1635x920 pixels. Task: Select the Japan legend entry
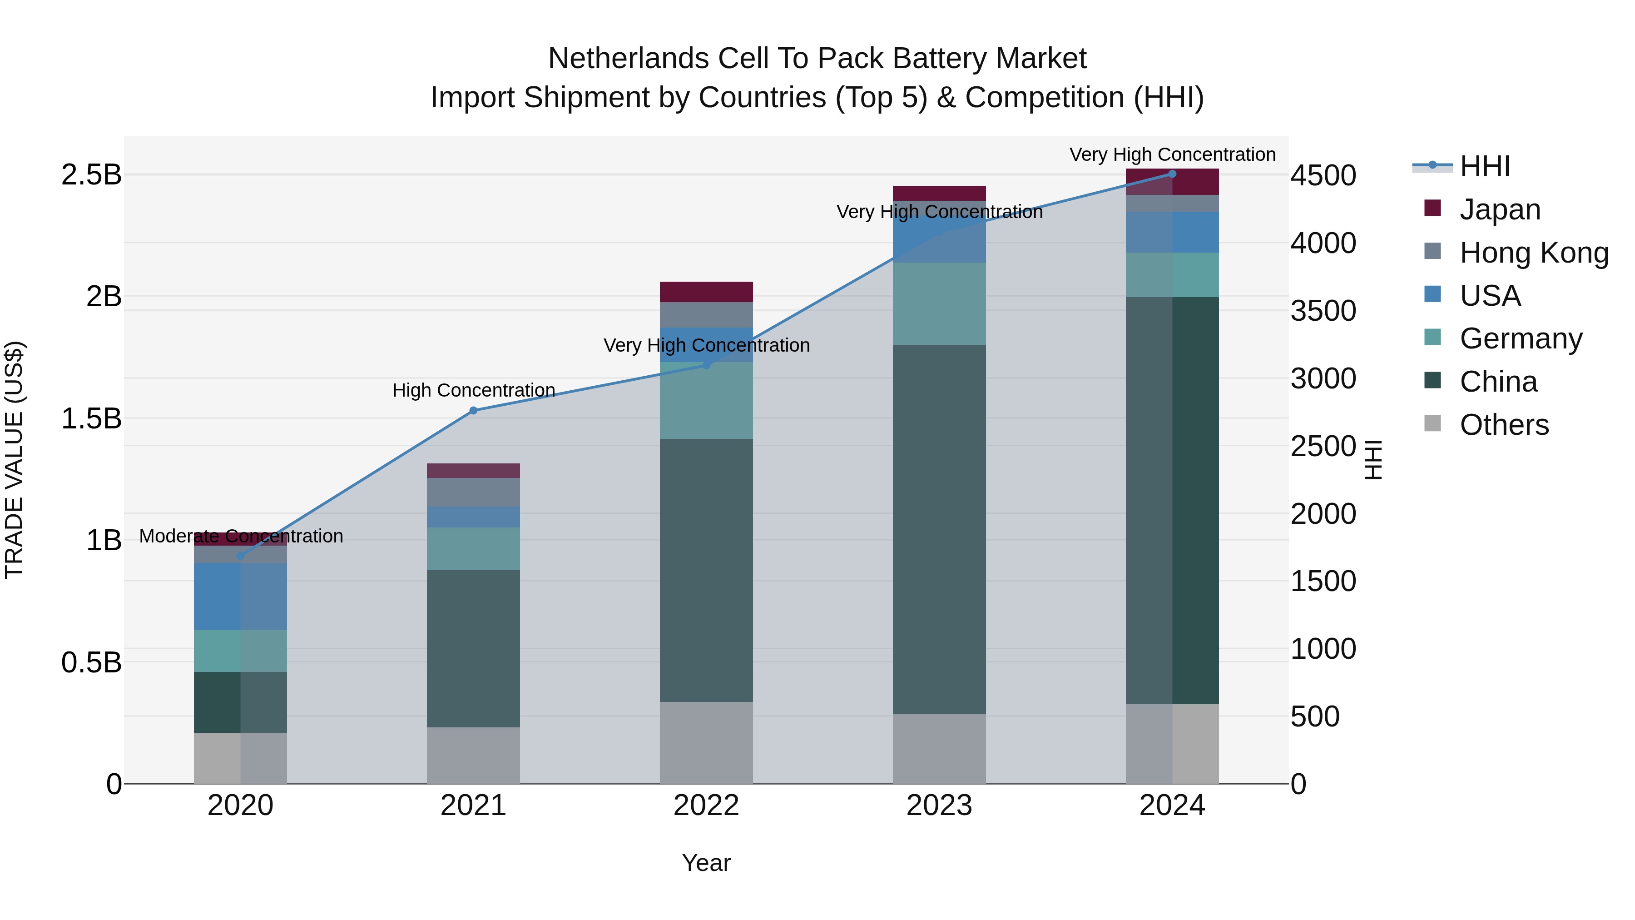(x=1499, y=209)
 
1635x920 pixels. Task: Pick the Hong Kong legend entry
(x=1533, y=252)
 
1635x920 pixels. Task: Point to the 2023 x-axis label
(x=939, y=806)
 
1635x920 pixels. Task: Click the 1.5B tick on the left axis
(x=91, y=418)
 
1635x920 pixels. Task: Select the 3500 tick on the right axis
(x=1323, y=311)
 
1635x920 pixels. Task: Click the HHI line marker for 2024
(x=1172, y=174)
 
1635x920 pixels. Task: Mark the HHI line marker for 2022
(x=706, y=365)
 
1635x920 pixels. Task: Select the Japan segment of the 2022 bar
(x=706, y=292)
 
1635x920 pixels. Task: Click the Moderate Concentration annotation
(x=241, y=536)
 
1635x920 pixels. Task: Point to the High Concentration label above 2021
(x=474, y=390)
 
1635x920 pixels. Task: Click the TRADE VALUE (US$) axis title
(x=14, y=460)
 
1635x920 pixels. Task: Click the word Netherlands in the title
(x=629, y=59)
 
